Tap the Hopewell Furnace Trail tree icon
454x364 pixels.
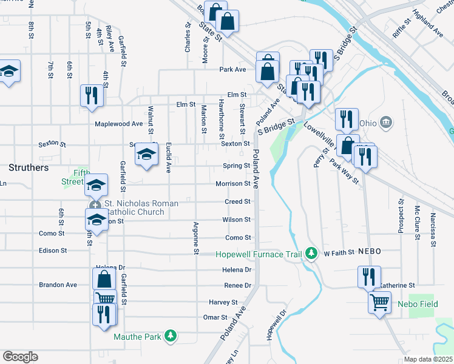[x=311, y=252]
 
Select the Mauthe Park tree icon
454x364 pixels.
[x=171, y=335]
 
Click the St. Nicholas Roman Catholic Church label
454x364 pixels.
[x=141, y=207]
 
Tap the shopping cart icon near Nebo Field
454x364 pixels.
[x=380, y=301]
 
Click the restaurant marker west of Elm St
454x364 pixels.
[x=92, y=95]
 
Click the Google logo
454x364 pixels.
[x=20, y=357]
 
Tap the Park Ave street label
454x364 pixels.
[x=232, y=69]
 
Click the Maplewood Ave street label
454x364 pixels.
[x=118, y=124]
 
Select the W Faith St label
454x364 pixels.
[x=339, y=252]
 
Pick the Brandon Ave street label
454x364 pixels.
[x=58, y=285]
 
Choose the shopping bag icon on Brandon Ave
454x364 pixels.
[x=104, y=279]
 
